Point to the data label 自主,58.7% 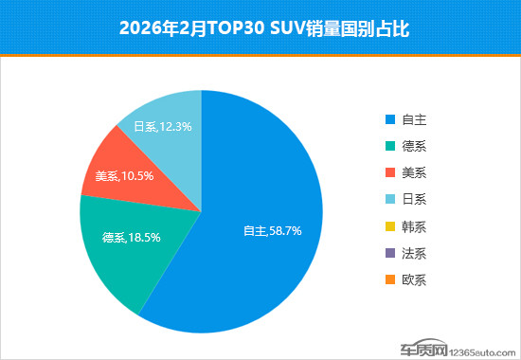tap(273, 230)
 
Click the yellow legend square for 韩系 tap(389, 226)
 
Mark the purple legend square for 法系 tap(389, 253)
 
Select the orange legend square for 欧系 tap(389, 279)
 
